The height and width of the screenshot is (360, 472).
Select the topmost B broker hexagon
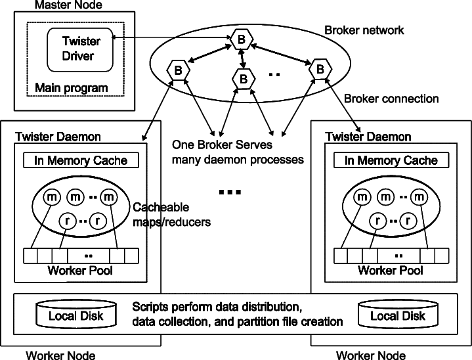coord(242,39)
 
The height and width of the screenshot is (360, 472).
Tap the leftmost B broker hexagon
coord(178,70)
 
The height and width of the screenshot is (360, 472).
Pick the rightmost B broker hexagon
coord(320,69)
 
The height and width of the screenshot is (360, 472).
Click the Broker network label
coord(364,30)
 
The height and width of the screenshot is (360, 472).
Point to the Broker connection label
coord(391,99)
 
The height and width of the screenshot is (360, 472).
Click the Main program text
coord(72,87)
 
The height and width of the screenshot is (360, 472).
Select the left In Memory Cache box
coord(81,160)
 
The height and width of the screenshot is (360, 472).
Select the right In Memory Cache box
coord(391,160)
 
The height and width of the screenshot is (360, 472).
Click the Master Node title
coord(68,5)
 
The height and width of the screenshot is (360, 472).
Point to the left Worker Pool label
coord(80,270)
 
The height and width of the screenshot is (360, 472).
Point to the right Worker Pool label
coord(391,270)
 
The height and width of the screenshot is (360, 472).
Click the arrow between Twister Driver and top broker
coord(171,37)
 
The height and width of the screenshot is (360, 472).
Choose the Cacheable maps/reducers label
coord(171,215)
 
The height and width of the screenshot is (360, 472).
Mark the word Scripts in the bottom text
coord(150,307)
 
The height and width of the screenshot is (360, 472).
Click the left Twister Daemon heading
coord(58,137)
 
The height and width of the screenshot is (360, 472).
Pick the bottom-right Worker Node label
coord(370,355)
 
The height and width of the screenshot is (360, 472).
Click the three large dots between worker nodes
coord(230,192)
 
